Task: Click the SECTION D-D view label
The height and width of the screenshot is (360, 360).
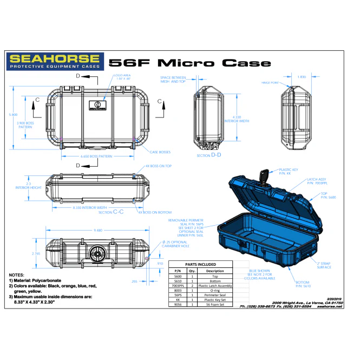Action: (x=208, y=155)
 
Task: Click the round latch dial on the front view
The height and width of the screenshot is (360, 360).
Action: (x=99, y=253)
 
